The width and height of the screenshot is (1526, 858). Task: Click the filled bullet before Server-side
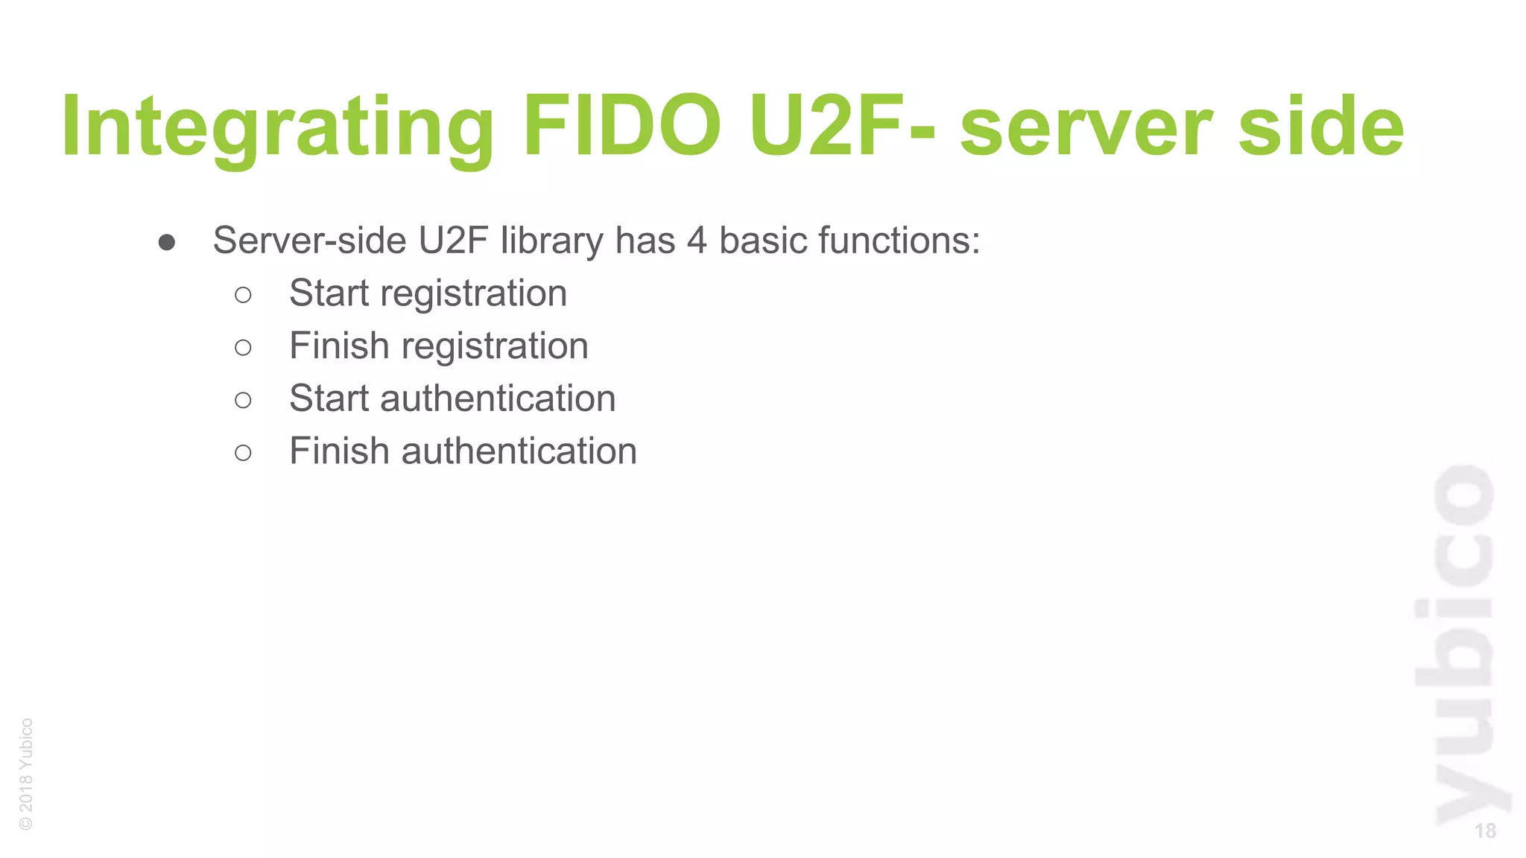pyautogui.click(x=167, y=242)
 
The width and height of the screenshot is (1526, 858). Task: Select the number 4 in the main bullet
pyautogui.click(x=697, y=241)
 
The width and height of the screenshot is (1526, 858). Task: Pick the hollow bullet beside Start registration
pyautogui.click(x=243, y=295)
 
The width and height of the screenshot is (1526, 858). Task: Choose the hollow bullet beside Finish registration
pyautogui.click(x=243, y=347)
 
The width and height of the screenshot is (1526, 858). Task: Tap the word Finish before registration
pyautogui.click(x=339, y=346)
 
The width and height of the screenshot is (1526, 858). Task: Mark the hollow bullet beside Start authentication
pyautogui.click(x=243, y=400)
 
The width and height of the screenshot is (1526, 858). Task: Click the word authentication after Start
pyautogui.click(x=498, y=398)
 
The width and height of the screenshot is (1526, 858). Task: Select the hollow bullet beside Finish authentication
pyautogui.click(x=243, y=452)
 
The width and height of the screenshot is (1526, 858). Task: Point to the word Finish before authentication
pyautogui.click(x=339, y=451)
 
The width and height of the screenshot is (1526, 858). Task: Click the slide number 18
pyautogui.click(x=1484, y=830)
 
